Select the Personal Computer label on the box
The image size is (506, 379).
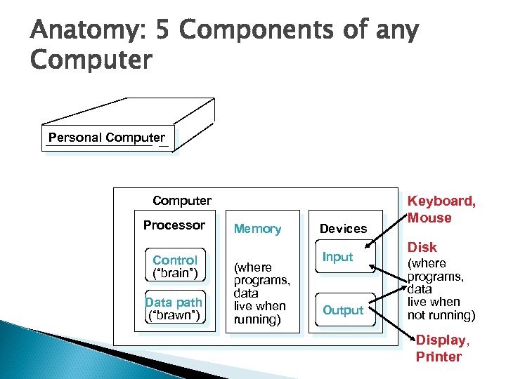[107, 138]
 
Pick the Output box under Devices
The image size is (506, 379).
[343, 310]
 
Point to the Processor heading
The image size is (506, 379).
[174, 225]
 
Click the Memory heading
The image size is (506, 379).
[257, 229]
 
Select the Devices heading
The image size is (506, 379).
[343, 229]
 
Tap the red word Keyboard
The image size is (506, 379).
[442, 201]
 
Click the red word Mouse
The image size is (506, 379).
[430, 218]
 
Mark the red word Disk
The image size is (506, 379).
[422, 247]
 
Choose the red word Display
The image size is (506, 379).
[441, 340]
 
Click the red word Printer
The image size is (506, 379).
[439, 357]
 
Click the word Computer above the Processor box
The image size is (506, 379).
[182, 201]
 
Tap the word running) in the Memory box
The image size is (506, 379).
[257, 319]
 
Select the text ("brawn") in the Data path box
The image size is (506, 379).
[174, 316]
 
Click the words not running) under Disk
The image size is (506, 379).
[441, 315]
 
